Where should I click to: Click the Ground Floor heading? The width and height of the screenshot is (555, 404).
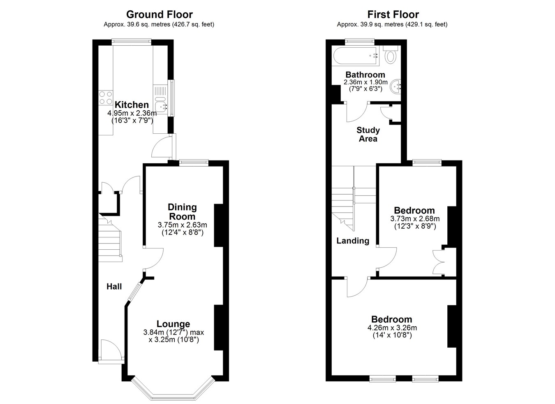pyautogui.click(x=160, y=14)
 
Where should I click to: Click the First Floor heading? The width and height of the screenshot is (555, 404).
pyautogui.click(x=393, y=14)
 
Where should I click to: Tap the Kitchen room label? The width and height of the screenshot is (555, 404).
pyautogui.click(x=132, y=104)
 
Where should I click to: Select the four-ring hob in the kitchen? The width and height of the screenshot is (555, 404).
pyautogui.click(x=106, y=98)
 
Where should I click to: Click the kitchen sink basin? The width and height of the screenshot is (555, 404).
pyautogui.click(x=161, y=107)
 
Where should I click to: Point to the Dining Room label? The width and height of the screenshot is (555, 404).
pyautogui.click(x=183, y=212)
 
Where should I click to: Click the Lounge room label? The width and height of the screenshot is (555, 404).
pyautogui.click(x=173, y=324)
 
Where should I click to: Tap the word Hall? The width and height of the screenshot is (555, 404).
pyautogui.click(x=114, y=287)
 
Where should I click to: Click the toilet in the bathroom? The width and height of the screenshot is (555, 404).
pyautogui.click(x=391, y=54)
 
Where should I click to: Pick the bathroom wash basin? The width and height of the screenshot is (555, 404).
pyautogui.click(x=395, y=86)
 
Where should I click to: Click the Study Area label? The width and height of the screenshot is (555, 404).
pyautogui.click(x=368, y=135)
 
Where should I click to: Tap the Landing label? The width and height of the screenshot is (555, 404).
pyautogui.click(x=353, y=241)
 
